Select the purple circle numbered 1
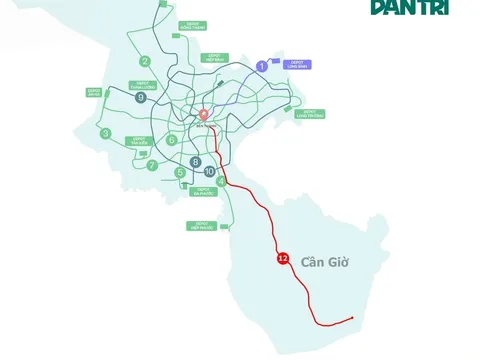[x=262, y=66]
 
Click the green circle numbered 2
[x=146, y=62]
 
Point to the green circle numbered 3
[x=106, y=133]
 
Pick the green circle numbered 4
[x=220, y=181]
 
